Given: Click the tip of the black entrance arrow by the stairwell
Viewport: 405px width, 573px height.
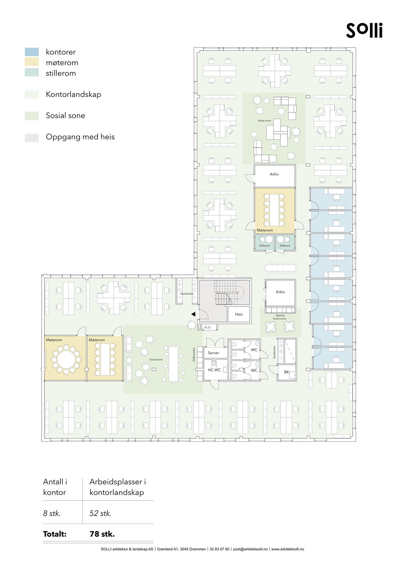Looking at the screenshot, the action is click(191, 314).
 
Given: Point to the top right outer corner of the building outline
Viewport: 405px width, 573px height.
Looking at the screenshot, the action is click(356, 48).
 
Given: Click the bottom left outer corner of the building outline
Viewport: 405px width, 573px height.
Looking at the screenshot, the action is click(42, 441).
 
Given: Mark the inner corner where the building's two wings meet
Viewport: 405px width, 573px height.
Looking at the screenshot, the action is click(194, 275).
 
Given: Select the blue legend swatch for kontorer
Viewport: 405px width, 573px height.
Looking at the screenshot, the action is click(32, 52).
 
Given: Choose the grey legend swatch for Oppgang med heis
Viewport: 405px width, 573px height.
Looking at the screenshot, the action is click(32, 138).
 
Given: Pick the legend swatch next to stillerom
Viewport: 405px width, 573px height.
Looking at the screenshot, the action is click(32, 72).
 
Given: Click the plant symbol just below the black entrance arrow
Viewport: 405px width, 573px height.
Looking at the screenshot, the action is click(191, 325).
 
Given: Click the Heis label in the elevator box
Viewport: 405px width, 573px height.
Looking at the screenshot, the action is click(239, 314).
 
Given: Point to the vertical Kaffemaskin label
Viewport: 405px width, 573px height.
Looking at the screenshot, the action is click(194, 354).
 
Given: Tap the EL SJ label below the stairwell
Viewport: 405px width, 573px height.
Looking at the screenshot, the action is click(208, 328).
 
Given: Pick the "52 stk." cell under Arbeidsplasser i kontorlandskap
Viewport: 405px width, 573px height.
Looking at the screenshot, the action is click(101, 513).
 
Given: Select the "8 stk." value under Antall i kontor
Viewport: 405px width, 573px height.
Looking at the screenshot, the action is click(52, 513).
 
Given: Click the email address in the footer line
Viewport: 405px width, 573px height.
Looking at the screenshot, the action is click(250, 549).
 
